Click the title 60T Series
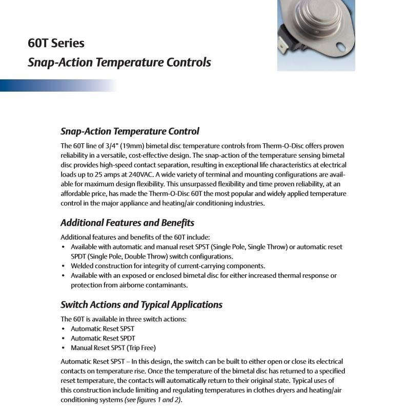[56, 43]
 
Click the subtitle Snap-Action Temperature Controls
[119, 62]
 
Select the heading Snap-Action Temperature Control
[130, 131]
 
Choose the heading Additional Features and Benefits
[127, 223]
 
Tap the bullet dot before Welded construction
[63, 266]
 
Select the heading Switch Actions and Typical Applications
[141, 305]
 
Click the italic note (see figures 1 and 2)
[153, 400]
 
